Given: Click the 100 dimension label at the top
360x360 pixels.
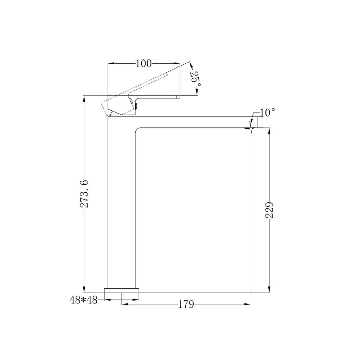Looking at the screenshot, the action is (144, 64).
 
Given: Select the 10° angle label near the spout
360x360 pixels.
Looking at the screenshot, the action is (267, 113).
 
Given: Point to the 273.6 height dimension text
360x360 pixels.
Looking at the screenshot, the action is (84, 194).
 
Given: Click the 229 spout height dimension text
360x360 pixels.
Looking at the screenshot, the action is (269, 210).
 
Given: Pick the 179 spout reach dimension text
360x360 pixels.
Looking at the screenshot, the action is (186, 305).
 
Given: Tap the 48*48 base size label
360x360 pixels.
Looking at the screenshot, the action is (84, 300).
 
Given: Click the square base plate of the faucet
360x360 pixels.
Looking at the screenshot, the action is (122, 290).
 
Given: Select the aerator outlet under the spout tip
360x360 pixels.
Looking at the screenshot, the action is (247, 128).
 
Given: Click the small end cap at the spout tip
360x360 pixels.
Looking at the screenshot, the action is (260, 122).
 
